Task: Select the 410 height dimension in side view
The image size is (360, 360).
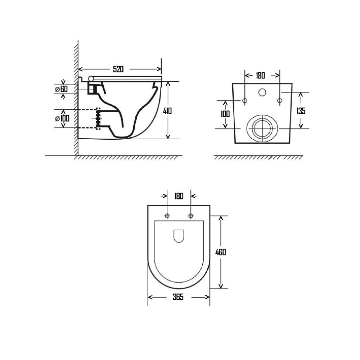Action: click(167, 111)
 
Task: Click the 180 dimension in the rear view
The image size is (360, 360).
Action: click(260, 76)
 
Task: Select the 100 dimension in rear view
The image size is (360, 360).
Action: click(226, 114)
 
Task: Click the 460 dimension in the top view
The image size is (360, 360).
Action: click(220, 252)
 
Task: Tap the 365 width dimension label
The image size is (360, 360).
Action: click(178, 297)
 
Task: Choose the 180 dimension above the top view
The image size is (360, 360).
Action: click(179, 196)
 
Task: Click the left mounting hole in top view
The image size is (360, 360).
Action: click(167, 216)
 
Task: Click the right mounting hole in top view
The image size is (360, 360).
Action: click(191, 216)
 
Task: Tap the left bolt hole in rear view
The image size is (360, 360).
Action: click(244, 100)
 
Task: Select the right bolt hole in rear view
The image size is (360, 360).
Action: click(280, 100)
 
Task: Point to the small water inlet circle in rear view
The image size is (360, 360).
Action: click(262, 93)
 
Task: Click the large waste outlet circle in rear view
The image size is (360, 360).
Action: click(262, 128)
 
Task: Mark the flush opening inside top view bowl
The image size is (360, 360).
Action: click(179, 236)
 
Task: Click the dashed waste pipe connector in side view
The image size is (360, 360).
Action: click(98, 118)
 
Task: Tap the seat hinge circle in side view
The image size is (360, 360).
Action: click(91, 78)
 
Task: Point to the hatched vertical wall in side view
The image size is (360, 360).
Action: click(76, 101)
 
